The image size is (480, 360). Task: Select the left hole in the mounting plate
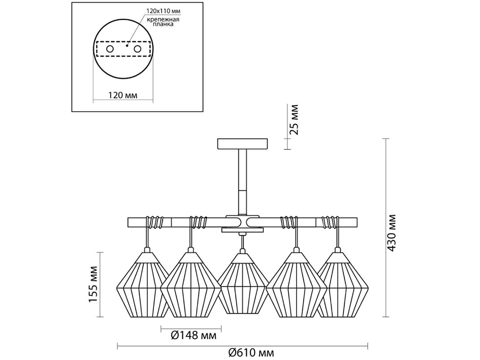pyautogui.click(x=110, y=49)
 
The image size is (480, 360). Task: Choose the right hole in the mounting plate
pyautogui.click(x=137, y=49)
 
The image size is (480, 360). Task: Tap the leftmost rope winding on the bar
pyautogui.click(x=155, y=222)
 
